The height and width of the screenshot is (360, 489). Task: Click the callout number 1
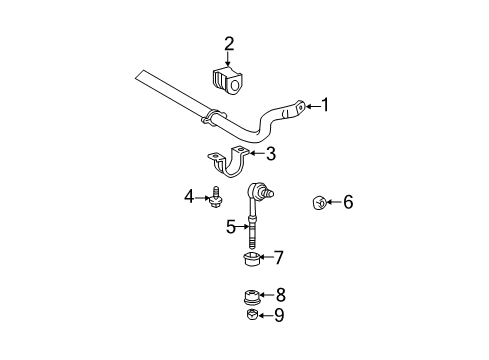(x=323, y=105)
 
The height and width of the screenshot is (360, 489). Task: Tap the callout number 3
(x=271, y=154)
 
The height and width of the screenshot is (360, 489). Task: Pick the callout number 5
(x=231, y=227)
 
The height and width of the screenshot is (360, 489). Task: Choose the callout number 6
(x=348, y=203)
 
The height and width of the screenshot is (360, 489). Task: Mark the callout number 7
(x=279, y=259)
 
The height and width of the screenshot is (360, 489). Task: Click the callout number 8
(x=280, y=296)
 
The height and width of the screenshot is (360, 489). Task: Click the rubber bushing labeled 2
(x=228, y=79)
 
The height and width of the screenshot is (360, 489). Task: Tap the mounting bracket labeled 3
(x=231, y=162)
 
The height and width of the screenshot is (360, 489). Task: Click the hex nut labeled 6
(x=315, y=203)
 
